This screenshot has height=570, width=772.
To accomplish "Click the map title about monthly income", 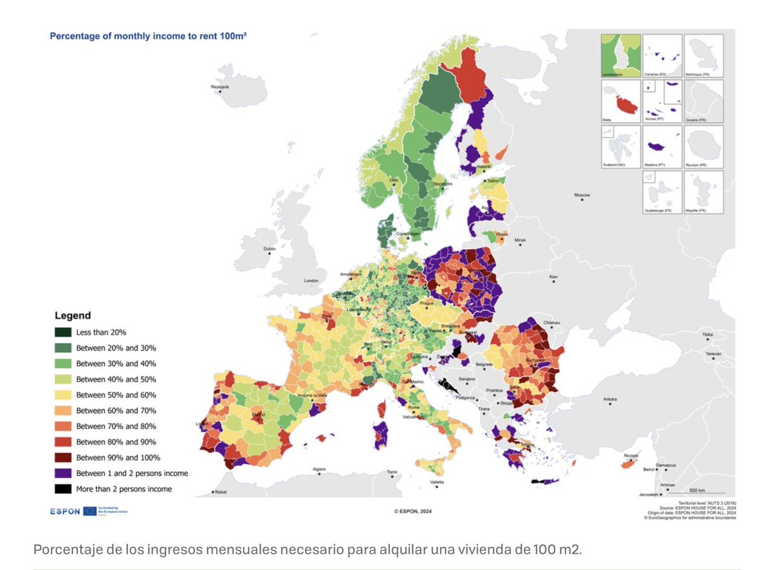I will [149, 37].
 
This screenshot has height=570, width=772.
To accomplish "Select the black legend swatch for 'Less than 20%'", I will [62, 332].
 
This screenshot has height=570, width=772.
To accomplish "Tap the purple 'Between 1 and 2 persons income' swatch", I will [62, 473].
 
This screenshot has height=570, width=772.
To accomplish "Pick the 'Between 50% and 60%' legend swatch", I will [62, 395].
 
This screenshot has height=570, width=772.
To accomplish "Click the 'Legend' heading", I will [72, 316].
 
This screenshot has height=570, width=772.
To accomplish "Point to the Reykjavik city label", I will [220, 87].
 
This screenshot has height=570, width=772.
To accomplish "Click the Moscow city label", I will [582, 195].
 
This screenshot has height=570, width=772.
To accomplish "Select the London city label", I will [311, 281].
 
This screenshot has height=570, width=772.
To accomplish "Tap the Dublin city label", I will [270, 249].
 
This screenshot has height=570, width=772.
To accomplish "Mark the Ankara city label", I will [609, 399].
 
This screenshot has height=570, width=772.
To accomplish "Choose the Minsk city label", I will [520, 240].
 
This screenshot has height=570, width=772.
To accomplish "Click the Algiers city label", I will [320, 470].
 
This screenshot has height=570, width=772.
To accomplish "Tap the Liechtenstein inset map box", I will [620, 55].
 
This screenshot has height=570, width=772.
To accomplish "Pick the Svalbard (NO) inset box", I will [620, 147].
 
